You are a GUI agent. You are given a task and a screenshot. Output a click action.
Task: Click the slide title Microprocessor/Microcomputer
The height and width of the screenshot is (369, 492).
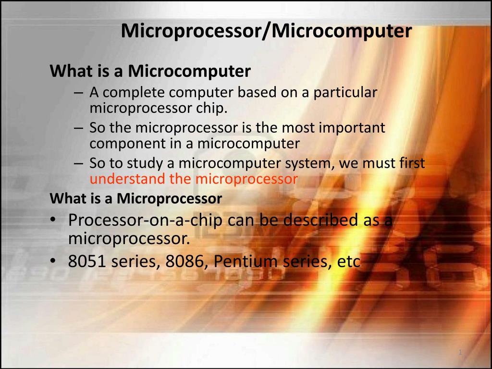[266, 31]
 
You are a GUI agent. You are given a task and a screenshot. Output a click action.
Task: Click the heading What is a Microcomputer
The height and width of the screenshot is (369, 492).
[150, 72]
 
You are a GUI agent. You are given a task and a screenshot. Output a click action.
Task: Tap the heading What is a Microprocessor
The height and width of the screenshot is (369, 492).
[136, 198]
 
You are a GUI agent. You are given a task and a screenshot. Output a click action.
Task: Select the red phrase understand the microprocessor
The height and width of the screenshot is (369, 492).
[194, 179]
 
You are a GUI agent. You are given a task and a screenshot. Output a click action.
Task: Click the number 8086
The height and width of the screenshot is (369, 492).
[187, 262]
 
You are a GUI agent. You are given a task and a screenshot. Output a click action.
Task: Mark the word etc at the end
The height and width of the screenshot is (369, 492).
[349, 262]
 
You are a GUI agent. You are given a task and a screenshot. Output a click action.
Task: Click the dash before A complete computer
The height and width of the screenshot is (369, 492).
[79, 92]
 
